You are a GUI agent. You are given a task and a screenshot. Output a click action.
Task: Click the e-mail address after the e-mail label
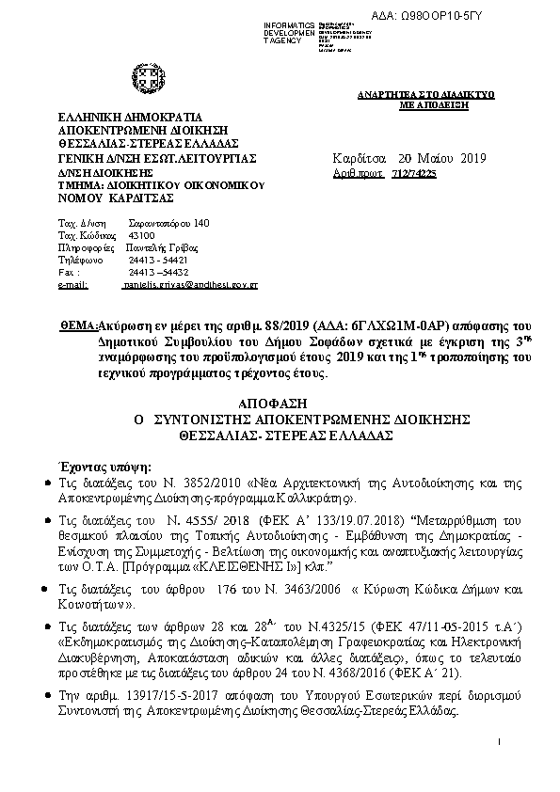[x=191, y=283]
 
